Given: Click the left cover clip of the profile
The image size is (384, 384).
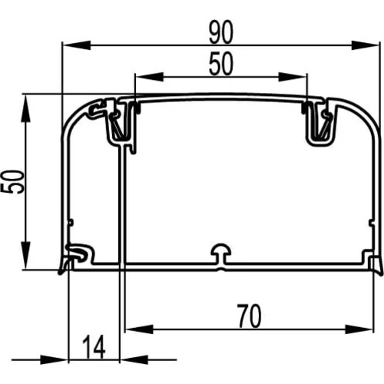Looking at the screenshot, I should tap(118, 121).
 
